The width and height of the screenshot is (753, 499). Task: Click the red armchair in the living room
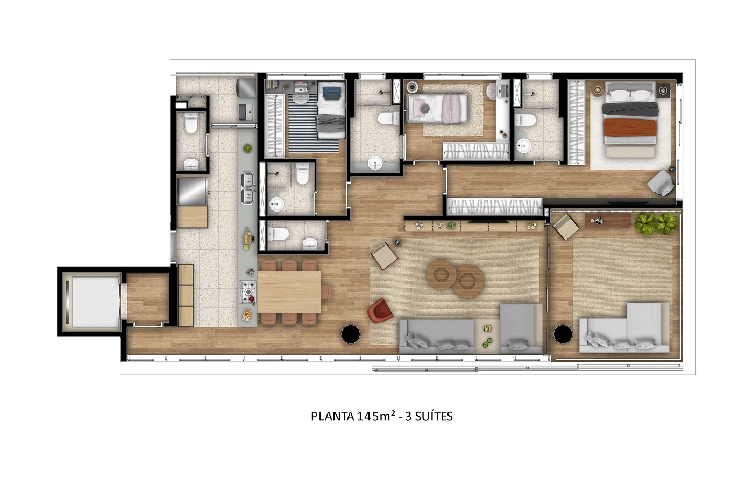click(x=380, y=311)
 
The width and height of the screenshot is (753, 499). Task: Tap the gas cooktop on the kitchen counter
click(x=248, y=291)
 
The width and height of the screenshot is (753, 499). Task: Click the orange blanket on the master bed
click(x=630, y=127)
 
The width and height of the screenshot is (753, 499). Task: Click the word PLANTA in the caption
click(x=332, y=417)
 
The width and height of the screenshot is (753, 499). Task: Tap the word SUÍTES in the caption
click(x=434, y=416)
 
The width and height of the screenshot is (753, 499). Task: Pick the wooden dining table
click(x=289, y=291)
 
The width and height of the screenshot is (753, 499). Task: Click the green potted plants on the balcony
click(x=656, y=223)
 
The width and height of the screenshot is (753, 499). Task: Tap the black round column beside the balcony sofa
click(x=563, y=334)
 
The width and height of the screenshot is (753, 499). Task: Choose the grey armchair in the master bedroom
click(x=661, y=183)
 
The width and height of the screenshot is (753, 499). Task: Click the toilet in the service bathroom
click(x=191, y=123)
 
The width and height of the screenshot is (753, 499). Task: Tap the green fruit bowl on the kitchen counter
click(x=248, y=149)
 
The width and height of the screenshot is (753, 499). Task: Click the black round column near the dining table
click(x=351, y=334)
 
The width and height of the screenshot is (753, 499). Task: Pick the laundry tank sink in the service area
click(x=247, y=112)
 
